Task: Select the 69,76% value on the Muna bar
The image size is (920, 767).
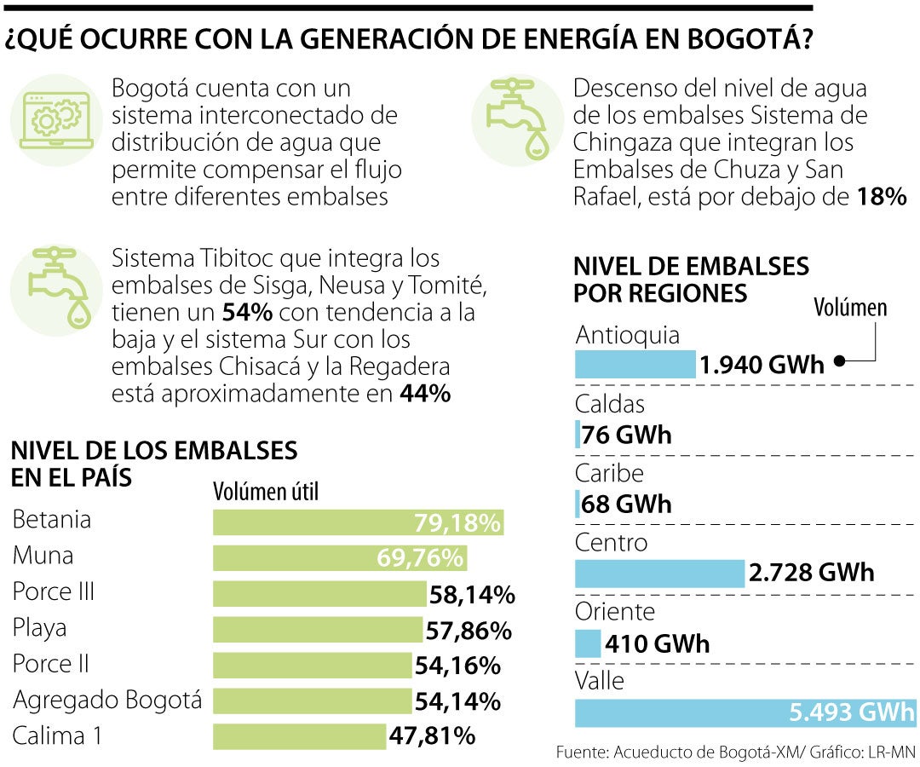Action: tap(421, 558)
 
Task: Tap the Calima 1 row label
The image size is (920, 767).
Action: tap(57, 735)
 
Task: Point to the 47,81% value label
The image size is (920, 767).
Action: tap(432, 735)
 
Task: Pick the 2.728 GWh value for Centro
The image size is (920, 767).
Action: tap(811, 573)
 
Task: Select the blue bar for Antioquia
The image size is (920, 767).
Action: tap(635, 365)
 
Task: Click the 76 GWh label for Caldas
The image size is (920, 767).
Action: tap(626, 435)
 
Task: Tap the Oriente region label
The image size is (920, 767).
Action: tap(615, 611)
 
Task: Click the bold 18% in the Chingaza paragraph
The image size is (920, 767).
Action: tap(882, 197)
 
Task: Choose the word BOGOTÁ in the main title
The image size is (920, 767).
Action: tap(732, 40)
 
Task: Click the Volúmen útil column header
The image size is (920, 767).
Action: tap(265, 492)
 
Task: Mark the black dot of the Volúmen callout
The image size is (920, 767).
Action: tap(839, 361)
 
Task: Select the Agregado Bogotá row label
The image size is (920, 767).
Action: tap(107, 701)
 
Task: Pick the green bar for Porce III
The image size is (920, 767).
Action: tap(319, 593)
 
